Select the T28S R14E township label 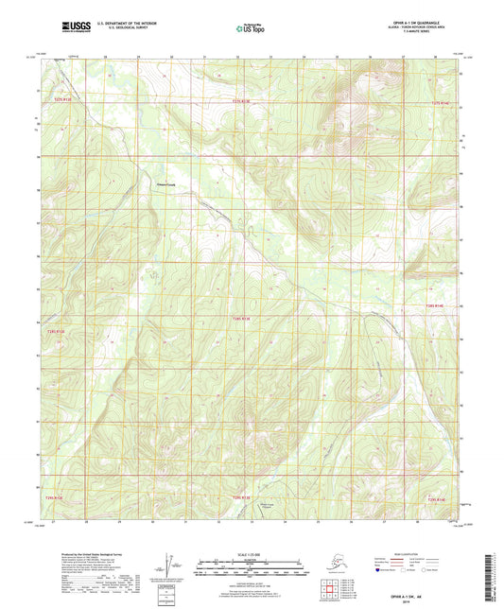[434, 306]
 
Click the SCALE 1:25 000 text [251, 553]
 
